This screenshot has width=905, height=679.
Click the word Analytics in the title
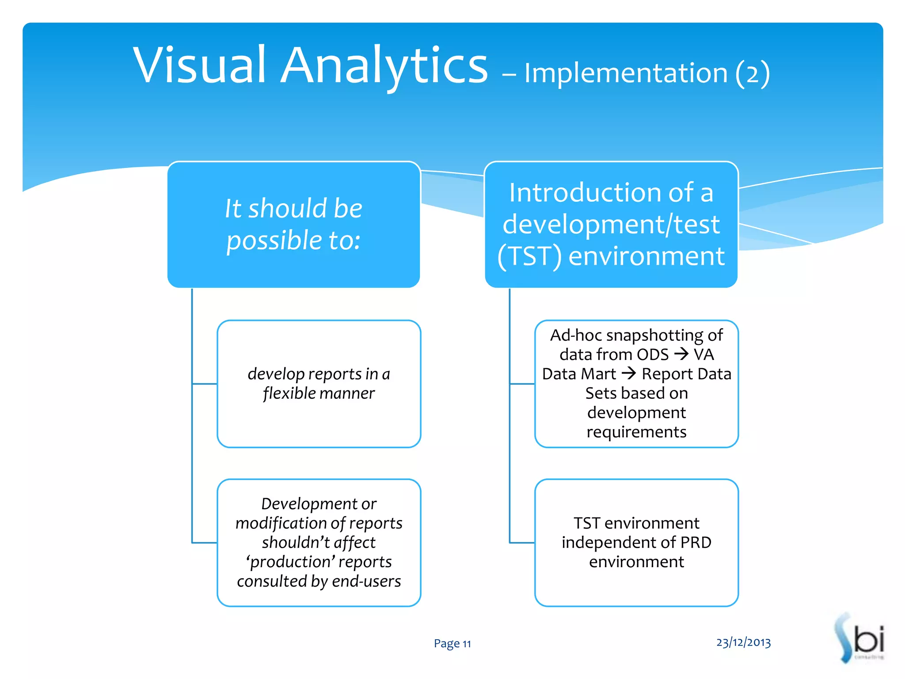(x=384, y=66)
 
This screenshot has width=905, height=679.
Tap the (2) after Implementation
(x=753, y=73)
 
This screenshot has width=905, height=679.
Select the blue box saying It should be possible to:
(x=293, y=225)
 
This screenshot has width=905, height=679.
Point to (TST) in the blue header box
(x=529, y=256)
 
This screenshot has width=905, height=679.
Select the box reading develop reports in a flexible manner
(x=319, y=384)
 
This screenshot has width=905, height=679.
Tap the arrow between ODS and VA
(x=681, y=354)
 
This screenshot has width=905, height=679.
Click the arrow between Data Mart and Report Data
(x=628, y=374)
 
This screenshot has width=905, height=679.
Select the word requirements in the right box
(x=636, y=431)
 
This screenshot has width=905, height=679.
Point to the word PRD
(x=696, y=542)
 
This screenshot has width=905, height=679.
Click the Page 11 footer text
(x=452, y=643)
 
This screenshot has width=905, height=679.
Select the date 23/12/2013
(x=743, y=642)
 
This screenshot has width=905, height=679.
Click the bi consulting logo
(x=860, y=638)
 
